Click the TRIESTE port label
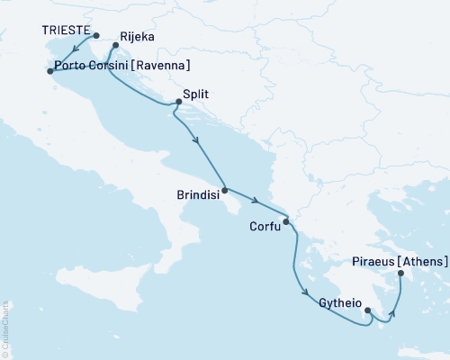pos(65,30)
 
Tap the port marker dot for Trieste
pos(97,37)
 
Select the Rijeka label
pos(137,37)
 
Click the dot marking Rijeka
pos(114,44)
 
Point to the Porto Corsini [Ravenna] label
pos(121,66)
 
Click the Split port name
pos(197,93)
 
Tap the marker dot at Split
pos(178,102)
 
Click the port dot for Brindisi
pos(224,191)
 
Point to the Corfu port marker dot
pos(285,220)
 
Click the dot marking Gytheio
pos(367,312)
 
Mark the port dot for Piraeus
pos(400,273)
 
